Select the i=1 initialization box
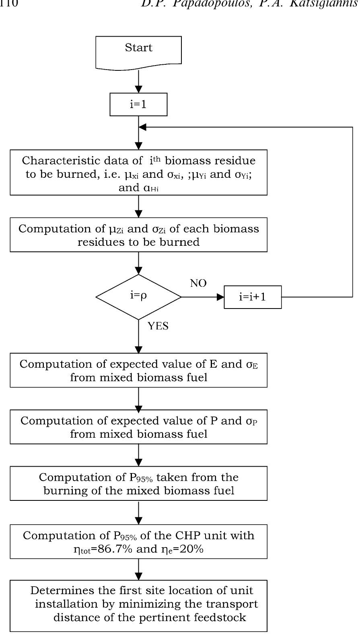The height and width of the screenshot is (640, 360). point(138,105)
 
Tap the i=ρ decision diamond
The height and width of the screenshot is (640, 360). point(138,297)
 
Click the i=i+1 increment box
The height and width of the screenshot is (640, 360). point(253,297)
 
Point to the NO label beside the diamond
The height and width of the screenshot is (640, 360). point(198,284)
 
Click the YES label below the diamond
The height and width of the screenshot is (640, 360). point(158,326)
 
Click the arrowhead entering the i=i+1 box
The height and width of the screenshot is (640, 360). point(220,297)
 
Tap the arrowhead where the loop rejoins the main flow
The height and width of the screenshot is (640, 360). point(142,127)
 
